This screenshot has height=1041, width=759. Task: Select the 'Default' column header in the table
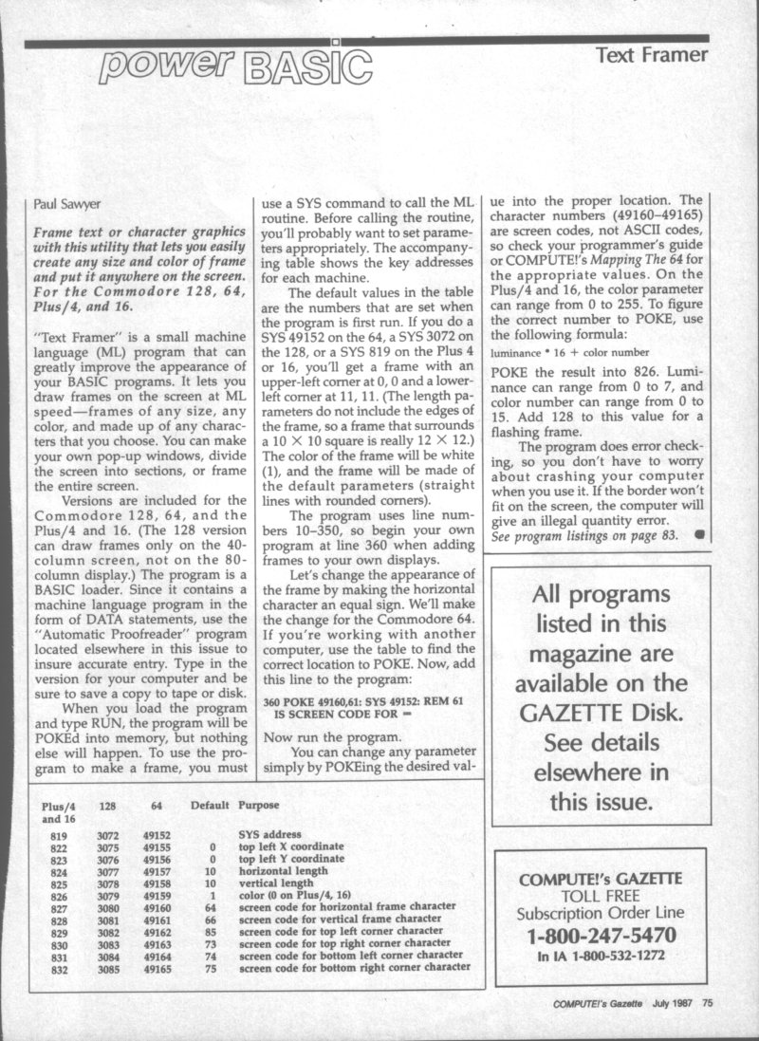point(210,805)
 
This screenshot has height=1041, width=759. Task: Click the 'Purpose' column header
point(259,805)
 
